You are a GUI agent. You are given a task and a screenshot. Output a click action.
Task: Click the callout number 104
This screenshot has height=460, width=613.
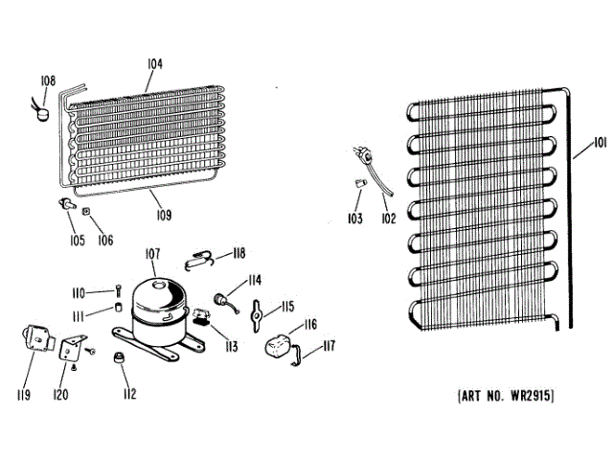[x=155, y=64]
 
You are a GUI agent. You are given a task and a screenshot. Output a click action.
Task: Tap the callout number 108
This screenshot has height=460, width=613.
[x=48, y=82]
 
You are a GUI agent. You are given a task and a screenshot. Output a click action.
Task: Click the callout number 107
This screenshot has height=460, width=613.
[x=152, y=256]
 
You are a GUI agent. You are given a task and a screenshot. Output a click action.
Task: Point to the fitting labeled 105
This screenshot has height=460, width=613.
[x=67, y=203]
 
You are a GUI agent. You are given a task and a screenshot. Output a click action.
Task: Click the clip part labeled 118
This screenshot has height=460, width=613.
[x=202, y=256]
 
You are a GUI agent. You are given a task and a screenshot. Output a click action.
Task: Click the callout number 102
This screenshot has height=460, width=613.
[x=387, y=218]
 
